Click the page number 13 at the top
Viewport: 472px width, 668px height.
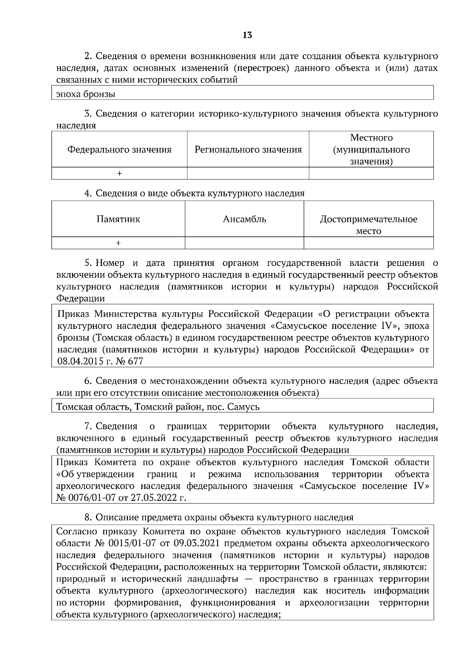[247, 35]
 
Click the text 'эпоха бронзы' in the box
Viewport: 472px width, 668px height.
[86, 94]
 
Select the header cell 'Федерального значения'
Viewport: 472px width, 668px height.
[120, 150]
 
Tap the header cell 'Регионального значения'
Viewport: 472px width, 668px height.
[248, 150]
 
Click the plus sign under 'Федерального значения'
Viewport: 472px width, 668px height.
[120, 173]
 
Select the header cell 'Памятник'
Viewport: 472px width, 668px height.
[118, 219]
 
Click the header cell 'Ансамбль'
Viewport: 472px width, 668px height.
[244, 219]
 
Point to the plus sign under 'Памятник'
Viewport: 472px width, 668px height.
[118, 243]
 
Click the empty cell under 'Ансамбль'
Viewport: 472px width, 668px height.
[244, 243]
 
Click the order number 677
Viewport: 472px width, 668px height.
[135, 361]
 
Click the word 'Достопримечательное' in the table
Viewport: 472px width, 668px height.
[369, 219]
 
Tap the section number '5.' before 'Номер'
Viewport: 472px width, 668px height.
[88, 263]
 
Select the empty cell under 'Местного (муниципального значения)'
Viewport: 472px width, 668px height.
[371, 173]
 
